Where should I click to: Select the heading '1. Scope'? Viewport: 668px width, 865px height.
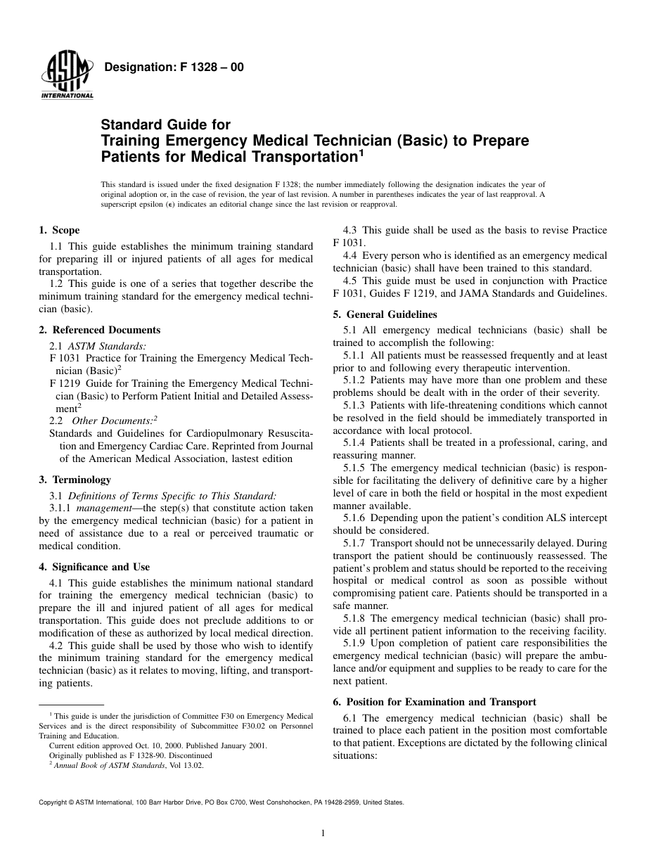[x=59, y=230]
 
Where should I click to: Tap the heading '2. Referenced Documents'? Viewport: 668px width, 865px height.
[x=99, y=330]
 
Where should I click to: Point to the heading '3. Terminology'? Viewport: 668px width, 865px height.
[x=75, y=480]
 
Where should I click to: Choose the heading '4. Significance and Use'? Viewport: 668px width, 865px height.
[x=94, y=567]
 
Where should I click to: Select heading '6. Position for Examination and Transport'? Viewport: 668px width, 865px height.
[x=435, y=702]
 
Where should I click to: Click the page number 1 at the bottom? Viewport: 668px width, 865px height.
[x=322, y=833]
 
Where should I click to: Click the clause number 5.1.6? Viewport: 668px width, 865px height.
[x=355, y=518]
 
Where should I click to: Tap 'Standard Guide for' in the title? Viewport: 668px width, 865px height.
[x=166, y=125]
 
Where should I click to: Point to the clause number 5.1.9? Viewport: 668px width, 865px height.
[x=355, y=643]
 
